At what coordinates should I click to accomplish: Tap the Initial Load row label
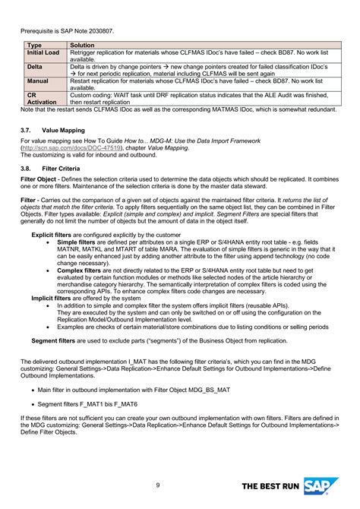coord(43,54)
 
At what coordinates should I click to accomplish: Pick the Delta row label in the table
coord(36,67)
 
